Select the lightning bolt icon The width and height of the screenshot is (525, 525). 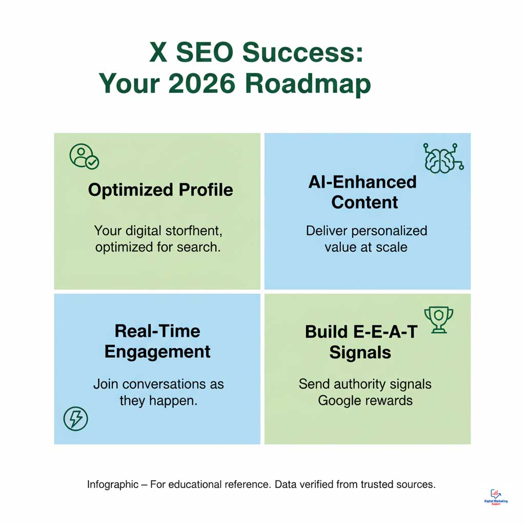[75, 419]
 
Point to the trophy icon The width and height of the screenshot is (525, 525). [438, 319]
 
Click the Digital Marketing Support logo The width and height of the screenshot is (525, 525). [496, 496]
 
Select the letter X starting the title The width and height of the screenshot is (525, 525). [158, 53]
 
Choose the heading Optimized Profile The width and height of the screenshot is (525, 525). [160, 190]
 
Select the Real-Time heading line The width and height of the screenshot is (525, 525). [157, 331]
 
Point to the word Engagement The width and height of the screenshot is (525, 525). [157, 352]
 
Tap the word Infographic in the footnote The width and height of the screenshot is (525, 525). [113, 484]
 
